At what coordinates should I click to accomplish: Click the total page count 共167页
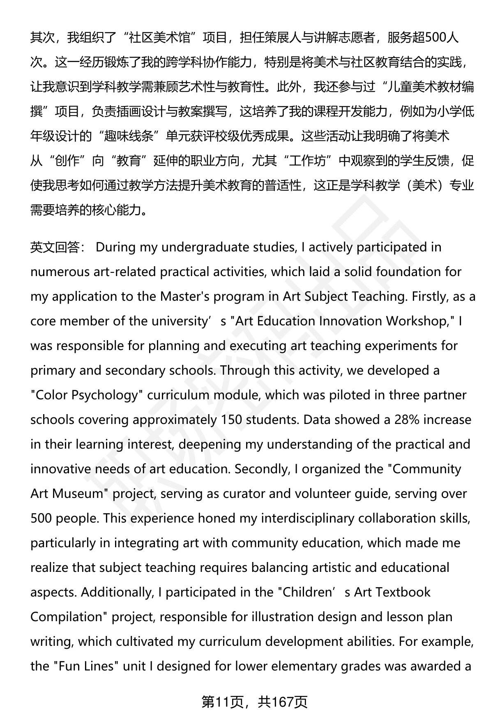[x=283, y=702]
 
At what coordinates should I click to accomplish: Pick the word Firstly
[x=427, y=296]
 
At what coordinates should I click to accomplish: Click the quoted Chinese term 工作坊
[x=307, y=161]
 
